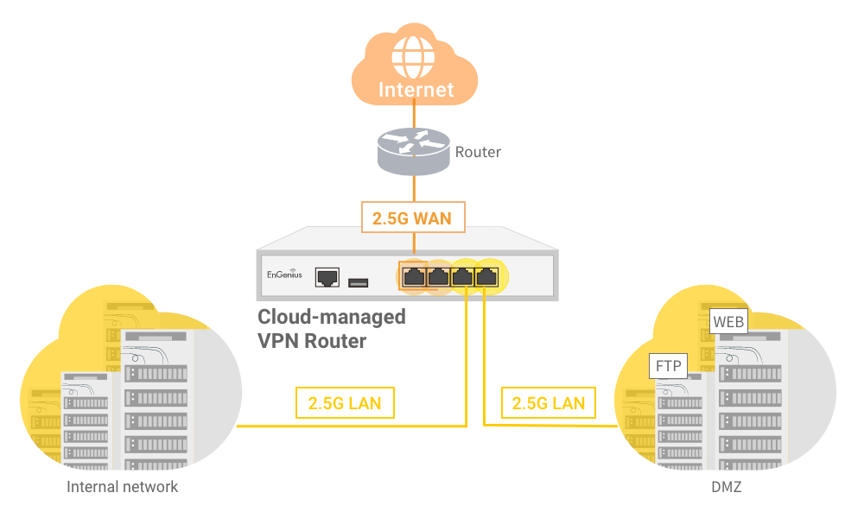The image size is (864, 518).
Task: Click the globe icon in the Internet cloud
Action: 414,55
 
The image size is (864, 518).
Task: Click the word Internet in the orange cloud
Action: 416,90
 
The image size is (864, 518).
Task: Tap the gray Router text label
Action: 478,152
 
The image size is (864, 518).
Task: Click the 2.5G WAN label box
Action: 412,218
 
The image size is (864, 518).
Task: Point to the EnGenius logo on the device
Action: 283,276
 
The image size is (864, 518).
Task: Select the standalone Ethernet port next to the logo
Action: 327,277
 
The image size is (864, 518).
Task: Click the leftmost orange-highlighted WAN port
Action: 414,276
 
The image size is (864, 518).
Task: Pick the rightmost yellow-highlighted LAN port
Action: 487,276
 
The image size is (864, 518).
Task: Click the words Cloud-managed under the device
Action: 332,317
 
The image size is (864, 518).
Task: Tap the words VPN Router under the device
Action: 312,340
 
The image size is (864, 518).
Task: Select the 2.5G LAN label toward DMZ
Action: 548,403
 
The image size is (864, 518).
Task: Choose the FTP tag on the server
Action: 668,366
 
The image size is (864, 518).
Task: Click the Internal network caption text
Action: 123,487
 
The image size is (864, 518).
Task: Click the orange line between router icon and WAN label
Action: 416,188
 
